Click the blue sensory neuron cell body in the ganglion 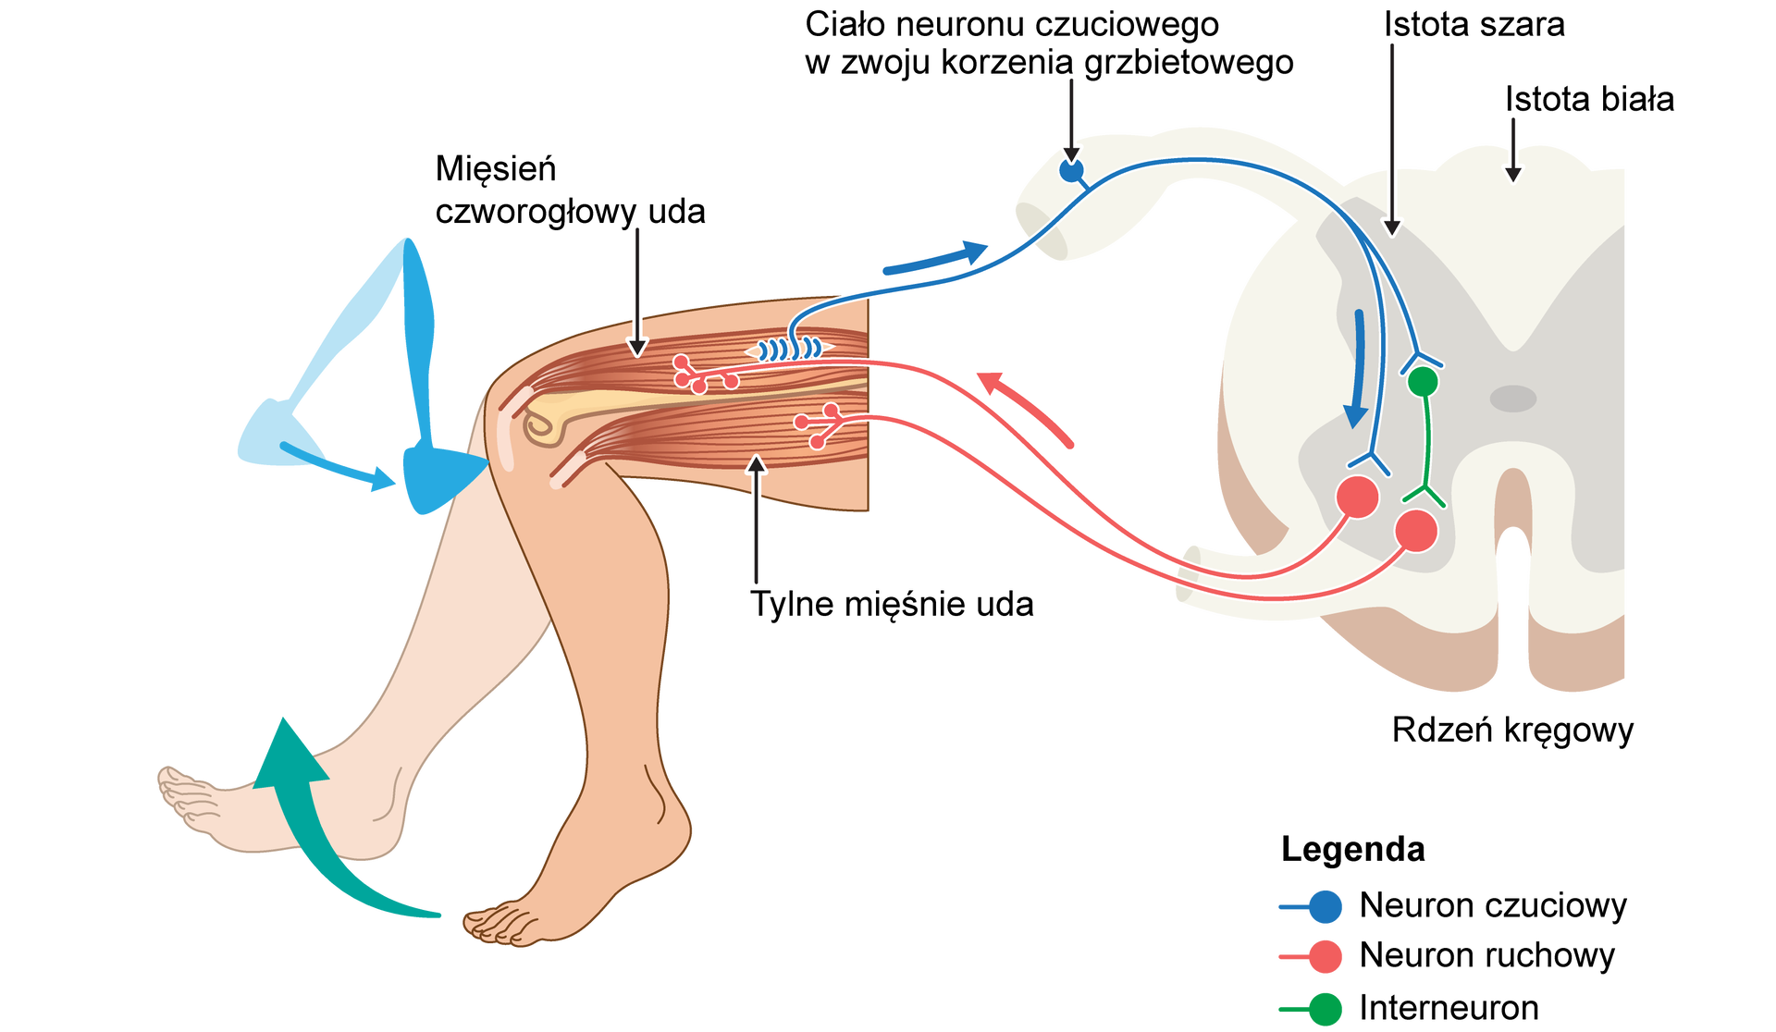tap(1071, 171)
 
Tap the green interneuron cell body tap(1422, 381)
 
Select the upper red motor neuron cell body tap(1358, 497)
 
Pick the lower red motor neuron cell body tap(1416, 531)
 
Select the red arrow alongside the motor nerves tap(1027, 407)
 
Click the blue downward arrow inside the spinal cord tap(1357, 370)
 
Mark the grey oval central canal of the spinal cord tap(1512, 399)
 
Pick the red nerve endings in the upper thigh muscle tap(699, 375)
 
